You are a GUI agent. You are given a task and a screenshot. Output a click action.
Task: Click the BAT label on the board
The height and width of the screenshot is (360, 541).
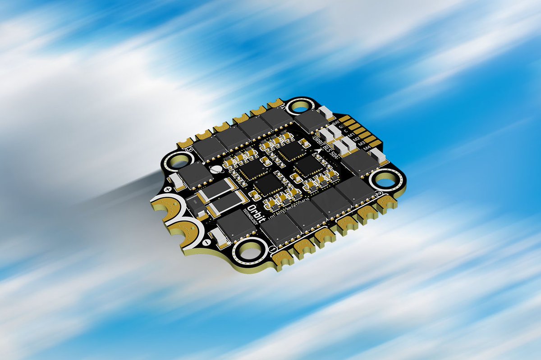335,122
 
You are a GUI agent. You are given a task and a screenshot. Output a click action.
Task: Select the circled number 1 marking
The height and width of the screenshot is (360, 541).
273,249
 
